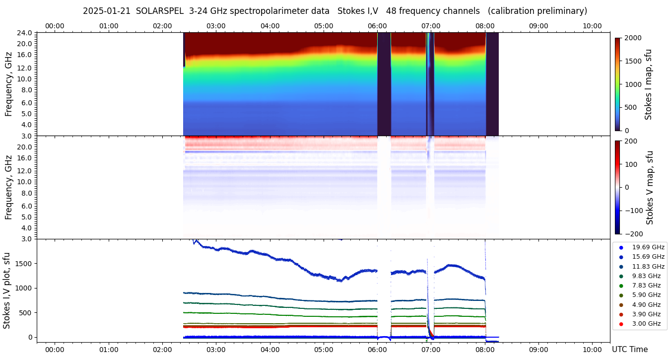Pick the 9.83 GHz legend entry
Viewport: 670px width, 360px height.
pos(646,276)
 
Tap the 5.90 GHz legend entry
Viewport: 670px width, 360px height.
pos(646,295)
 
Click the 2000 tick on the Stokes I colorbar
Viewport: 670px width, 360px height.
pos(633,38)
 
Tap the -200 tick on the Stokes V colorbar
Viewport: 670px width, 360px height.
pos(632,234)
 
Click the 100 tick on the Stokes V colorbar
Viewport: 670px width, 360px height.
pos(631,164)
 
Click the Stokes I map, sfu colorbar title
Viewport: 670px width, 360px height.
pos(648,84)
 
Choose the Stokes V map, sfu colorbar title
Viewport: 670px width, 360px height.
pos(650,187)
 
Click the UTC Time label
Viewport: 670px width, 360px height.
pos(629,350)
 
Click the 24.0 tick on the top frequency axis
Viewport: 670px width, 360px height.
pos(25,33)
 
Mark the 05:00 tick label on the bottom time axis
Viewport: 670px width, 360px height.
pos(324,350)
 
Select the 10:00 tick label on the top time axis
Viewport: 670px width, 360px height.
pos(592,26)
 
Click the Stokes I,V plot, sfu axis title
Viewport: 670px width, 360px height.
pos(7,290)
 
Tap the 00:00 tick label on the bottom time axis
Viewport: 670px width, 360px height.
pos(55,350)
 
